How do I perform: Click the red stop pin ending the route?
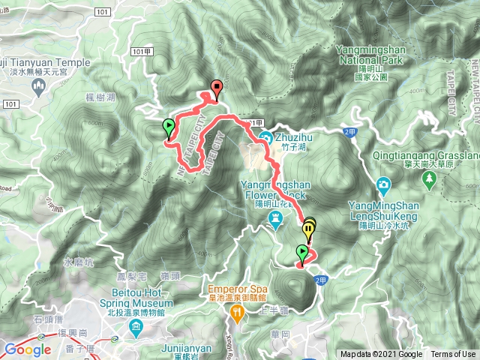[x=217, y=88]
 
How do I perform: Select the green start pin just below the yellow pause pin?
[x=303, y=252]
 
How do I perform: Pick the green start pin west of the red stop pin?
[x=169, y=126]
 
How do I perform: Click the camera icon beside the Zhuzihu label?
[x=266, y=137]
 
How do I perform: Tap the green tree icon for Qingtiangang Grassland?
[x=429, y=178]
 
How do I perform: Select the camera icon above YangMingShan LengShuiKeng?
[x=383, y=184]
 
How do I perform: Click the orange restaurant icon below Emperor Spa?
[x=238, y=315]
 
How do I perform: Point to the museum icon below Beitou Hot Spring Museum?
[x=136, y=328]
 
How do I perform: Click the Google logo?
[x=27, y=349]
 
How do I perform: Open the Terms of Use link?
[x=453, y=355]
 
